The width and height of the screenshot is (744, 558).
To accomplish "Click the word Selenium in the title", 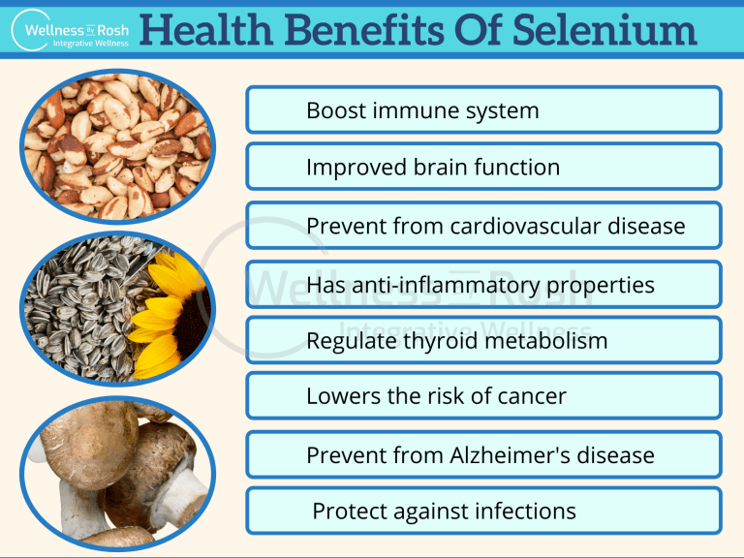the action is (x=604, y=29).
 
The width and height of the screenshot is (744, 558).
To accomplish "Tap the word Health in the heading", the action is (x=206, y=29).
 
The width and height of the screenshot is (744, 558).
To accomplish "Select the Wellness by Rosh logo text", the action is (x=77, y=30).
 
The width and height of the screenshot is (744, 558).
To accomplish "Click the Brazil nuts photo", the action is (x=117, y=146).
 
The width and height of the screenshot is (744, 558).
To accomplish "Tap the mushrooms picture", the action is (x=117, y=473).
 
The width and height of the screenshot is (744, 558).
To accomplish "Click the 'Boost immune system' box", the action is (x=484, y=110).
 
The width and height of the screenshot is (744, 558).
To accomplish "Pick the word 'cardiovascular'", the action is (x=525, y=226).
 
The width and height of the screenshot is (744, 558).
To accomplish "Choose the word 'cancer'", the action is (x=532, y=396).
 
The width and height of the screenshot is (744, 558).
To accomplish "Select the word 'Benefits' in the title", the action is (x=364, y=29).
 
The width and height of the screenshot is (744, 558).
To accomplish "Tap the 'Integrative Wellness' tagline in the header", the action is (x=91, y=44).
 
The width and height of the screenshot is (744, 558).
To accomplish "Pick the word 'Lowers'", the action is (x=344, y=396).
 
